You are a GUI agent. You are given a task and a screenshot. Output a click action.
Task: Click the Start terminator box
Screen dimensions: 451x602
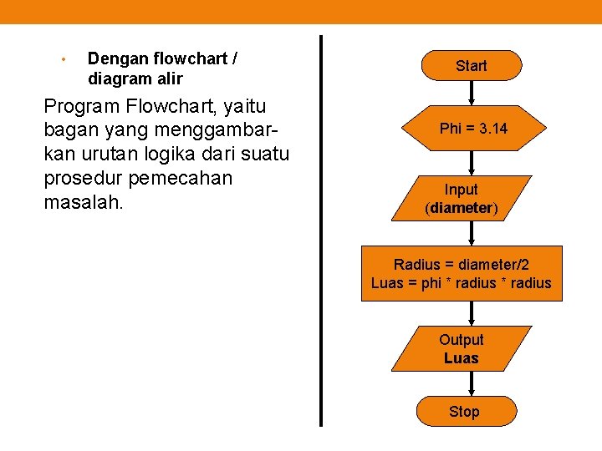[472, 65]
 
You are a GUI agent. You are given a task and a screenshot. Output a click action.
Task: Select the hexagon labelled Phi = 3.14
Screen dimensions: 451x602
[473, 129]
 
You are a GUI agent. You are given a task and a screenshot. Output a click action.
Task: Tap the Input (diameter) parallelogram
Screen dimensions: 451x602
[462, 199]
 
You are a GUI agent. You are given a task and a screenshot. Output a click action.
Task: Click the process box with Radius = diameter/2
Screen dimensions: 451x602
[462, 274]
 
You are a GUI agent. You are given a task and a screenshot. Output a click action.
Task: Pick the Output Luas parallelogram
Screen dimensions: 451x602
[462, 349]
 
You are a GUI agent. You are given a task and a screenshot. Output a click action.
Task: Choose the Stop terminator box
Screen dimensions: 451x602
[465, 411]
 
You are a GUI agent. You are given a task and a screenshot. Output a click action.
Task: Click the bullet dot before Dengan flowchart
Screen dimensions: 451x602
[63, 59]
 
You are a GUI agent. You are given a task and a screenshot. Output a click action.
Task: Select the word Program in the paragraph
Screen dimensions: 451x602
[81, 106]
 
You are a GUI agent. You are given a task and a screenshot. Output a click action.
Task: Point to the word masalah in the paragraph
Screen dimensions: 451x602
[83, 203]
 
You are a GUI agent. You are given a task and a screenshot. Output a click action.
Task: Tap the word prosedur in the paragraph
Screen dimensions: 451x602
[83, 179]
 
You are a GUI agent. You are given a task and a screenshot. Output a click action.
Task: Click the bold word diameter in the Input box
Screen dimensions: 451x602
[462, 208]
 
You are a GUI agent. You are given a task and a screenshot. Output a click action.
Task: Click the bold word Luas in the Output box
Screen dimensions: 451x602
[462, 358]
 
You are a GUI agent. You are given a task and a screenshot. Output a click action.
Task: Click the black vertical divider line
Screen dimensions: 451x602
[321, 230]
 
